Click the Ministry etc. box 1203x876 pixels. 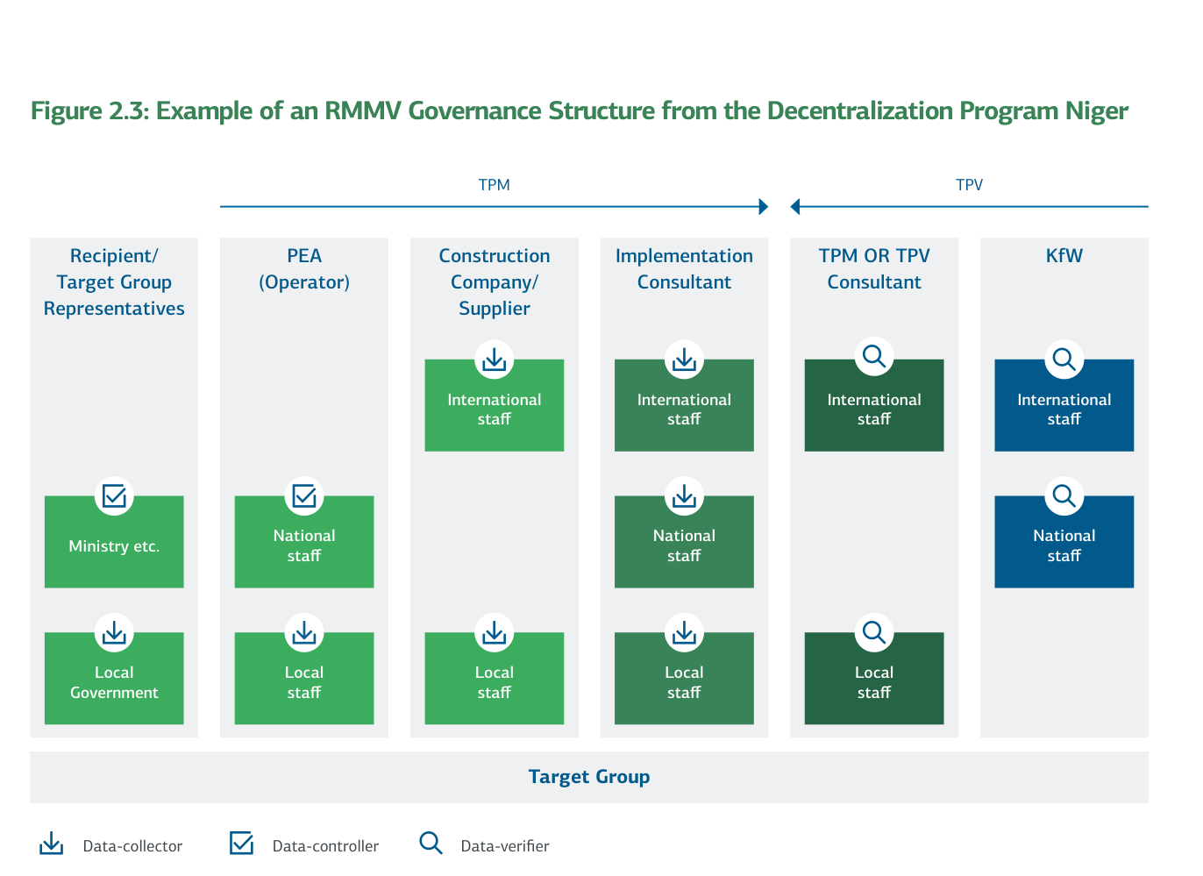coord(114,545)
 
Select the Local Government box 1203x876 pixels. coord(114,682)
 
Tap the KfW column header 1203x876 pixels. coord(1064,256)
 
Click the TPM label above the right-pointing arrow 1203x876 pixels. coord(494,185)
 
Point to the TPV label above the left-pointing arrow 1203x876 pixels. coord(969,185)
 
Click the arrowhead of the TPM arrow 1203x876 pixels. coord(764,207)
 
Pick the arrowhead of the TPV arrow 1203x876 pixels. coord(795,207)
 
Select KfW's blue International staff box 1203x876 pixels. coord(1064,410)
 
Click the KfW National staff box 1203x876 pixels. coord(1064,545)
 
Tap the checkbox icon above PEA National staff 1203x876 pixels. coord(304,496)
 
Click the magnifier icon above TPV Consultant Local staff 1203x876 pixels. coord(873,631)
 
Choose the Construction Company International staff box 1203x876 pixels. coord(494,410)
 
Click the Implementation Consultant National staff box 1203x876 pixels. coord(684,545)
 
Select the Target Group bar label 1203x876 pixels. coord(588,777)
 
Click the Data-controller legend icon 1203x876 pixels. coord(241,844)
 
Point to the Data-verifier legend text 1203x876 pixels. coord(505,846)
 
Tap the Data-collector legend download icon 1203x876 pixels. coord(52,844)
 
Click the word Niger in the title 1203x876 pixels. coord(1096,111)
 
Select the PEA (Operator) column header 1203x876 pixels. coord(304,268)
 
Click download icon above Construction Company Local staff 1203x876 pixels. coord(494,632)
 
